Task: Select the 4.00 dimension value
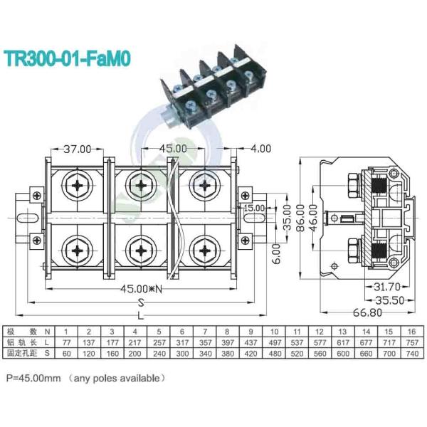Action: (x=260, y=149)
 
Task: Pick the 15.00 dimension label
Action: (x=253, y=209)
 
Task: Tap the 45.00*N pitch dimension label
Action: (x=141, y=289)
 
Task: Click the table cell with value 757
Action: (x=411, y=342)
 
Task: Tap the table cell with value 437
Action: (x=251, y=342)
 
